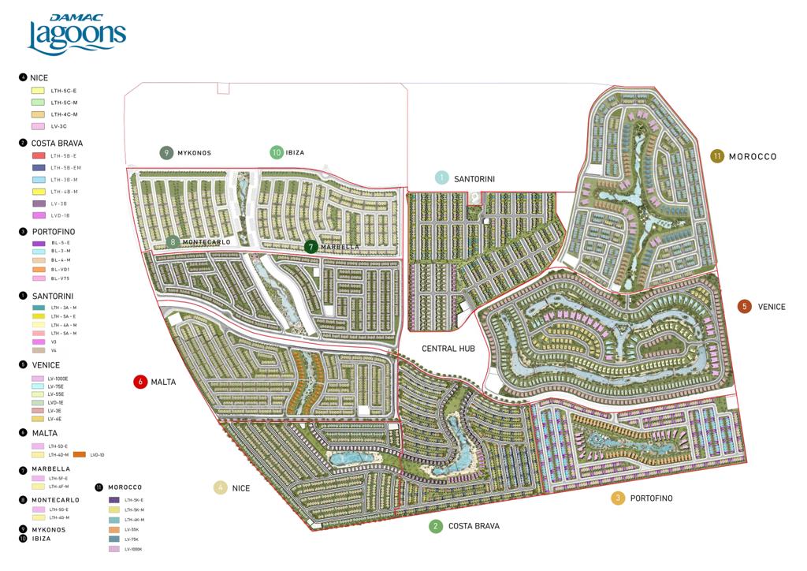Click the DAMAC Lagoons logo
tap(76, 34)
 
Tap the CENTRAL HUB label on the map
tap(448, 349)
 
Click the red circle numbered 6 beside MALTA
tap(141, 382)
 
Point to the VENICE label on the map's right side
tap(772, 307)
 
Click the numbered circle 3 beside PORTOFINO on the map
tap(618, 498)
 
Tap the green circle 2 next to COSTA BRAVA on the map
tap(436, 526)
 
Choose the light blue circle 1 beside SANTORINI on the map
tap(442, 178)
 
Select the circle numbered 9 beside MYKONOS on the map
tap(165, 153)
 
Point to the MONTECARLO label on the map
tap(206, 242)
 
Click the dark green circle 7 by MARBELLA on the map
tap(311, 247)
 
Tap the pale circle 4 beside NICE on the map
tap(221, 488)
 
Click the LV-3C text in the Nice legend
tap(59, 126)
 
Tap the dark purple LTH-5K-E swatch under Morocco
tap(113, 500)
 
